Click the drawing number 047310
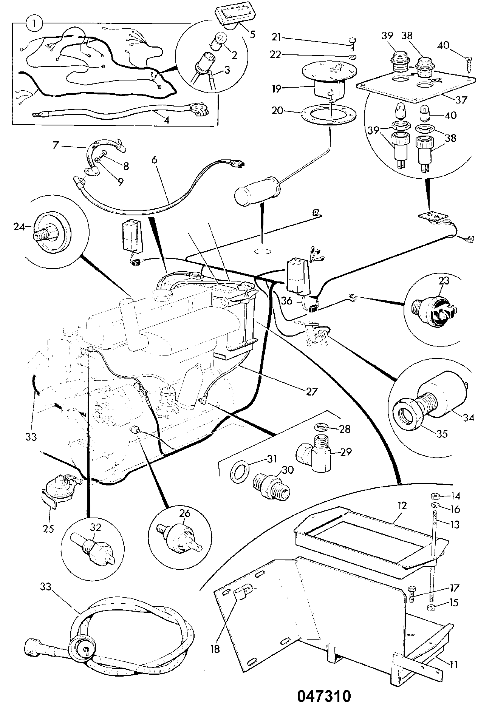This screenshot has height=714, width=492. pyautogui.click(x=324, y=696)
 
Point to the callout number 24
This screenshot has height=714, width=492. pyautogui.click(x=19, y=227)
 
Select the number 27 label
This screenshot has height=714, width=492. pyautogui.click(x=312, y=391)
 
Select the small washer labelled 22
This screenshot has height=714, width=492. pyautogui.click(x=352, y=57)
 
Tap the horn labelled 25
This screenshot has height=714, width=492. pyautogui.click(x=60, y=490)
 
